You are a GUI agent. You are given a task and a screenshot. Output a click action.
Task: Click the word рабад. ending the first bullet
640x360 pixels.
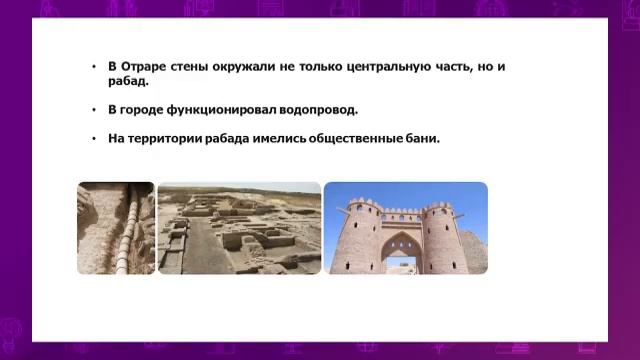[128, 81]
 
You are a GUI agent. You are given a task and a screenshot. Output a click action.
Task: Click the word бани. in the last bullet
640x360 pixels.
[423, 138]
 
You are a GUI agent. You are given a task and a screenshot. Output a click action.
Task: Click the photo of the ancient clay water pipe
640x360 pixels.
[115, 228]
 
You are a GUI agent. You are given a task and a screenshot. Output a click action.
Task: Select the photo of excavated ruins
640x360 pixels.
[239, 228]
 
